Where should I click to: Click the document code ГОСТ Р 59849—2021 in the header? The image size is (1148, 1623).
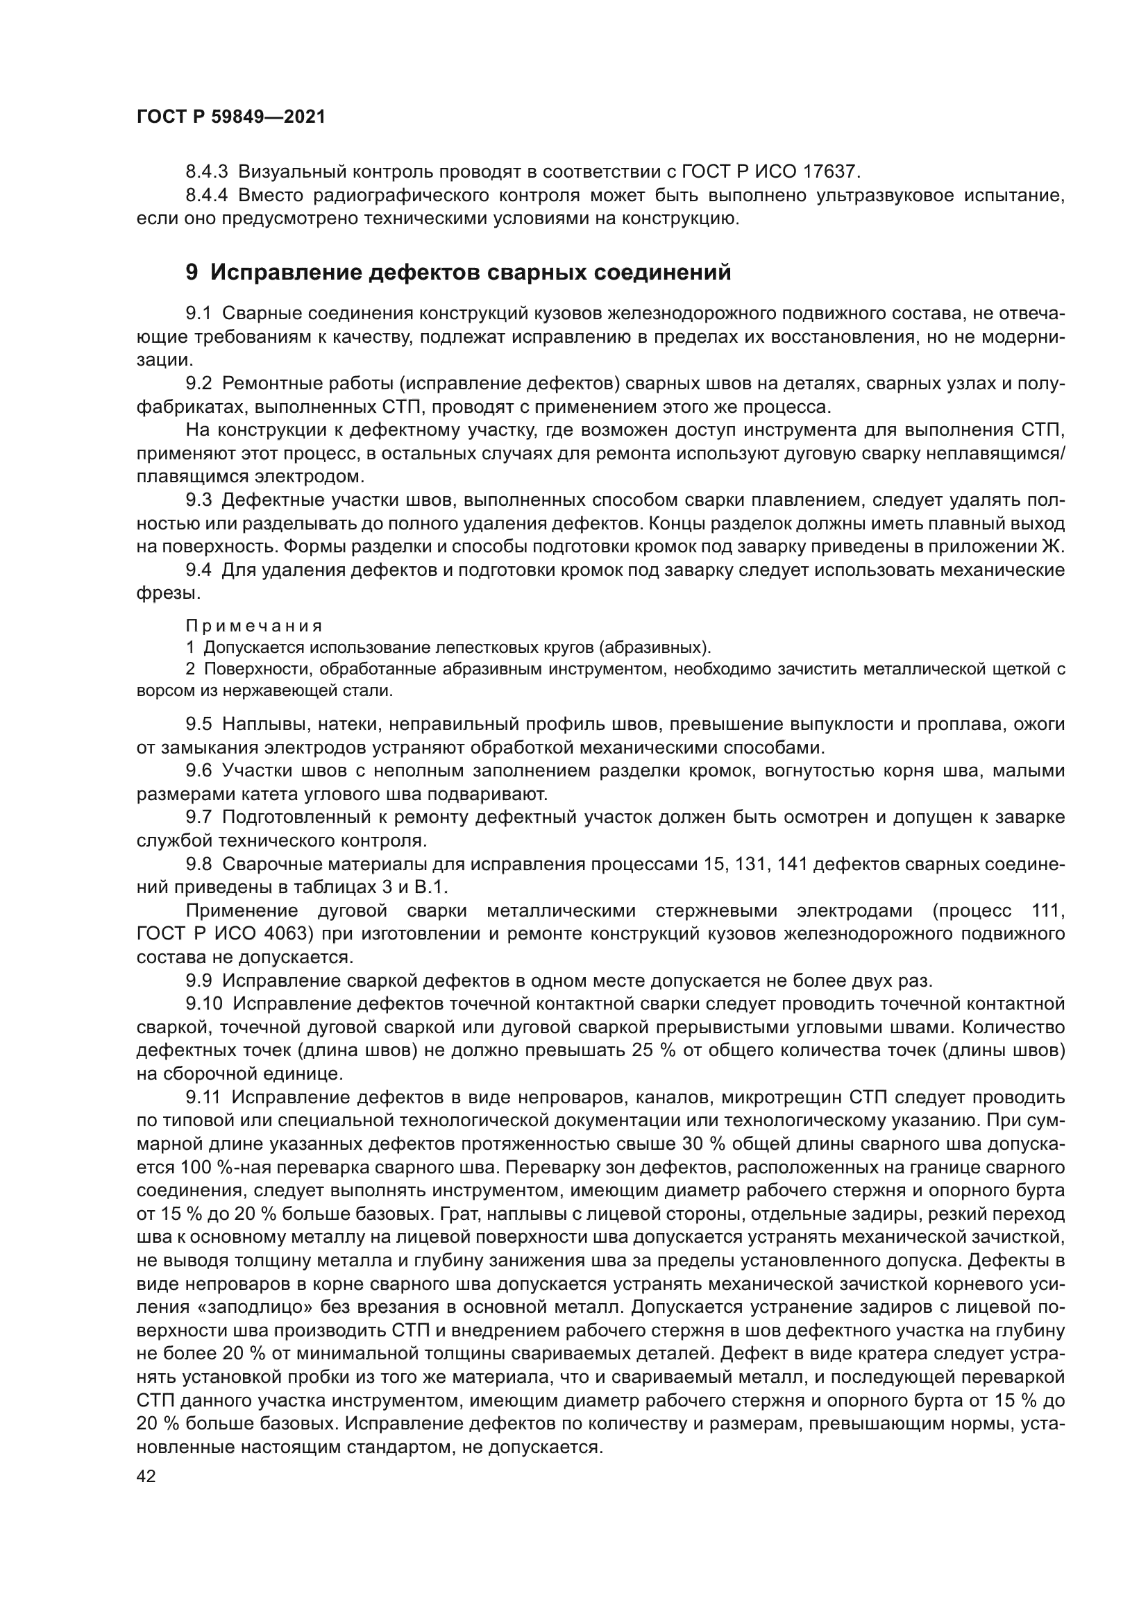230,117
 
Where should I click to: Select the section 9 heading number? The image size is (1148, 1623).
192,273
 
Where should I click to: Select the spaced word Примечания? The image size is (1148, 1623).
254,626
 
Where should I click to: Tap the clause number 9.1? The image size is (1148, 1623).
199,313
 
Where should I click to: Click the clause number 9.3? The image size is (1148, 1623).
199,500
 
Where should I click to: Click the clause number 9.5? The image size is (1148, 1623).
199,724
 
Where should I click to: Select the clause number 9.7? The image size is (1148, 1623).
199,817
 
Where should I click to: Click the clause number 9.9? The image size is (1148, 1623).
199,980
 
